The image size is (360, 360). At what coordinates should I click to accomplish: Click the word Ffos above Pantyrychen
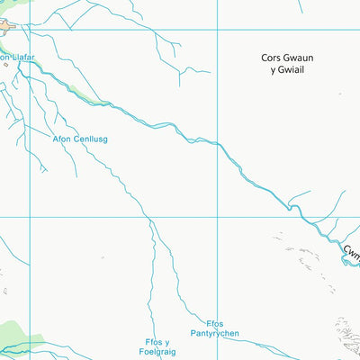tap(214, 324)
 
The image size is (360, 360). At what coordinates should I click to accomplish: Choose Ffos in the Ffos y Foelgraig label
tap(152, 342)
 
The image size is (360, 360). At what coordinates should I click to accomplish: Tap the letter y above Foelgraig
tap(166, 343)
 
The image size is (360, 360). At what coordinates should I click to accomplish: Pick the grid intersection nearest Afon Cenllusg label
tap(30, 217)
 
